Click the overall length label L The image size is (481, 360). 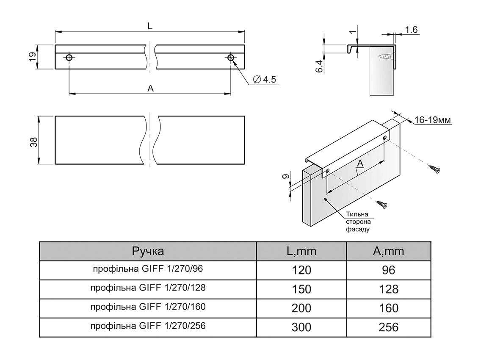(150, 26)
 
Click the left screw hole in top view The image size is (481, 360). (69, 58)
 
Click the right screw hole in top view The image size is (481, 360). (231, 58)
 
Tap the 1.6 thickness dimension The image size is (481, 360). (411, 30)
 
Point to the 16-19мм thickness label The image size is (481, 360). (432, 121)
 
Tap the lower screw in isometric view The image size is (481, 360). (382, 205)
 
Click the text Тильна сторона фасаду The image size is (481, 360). (358, 222)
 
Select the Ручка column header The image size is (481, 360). (148, 251)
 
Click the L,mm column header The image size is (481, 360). (301, 251)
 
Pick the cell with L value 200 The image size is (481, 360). (301, 308)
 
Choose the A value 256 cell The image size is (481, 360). (389, 327)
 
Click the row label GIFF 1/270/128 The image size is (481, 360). (148, 288)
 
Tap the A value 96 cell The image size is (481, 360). (389, 270)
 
